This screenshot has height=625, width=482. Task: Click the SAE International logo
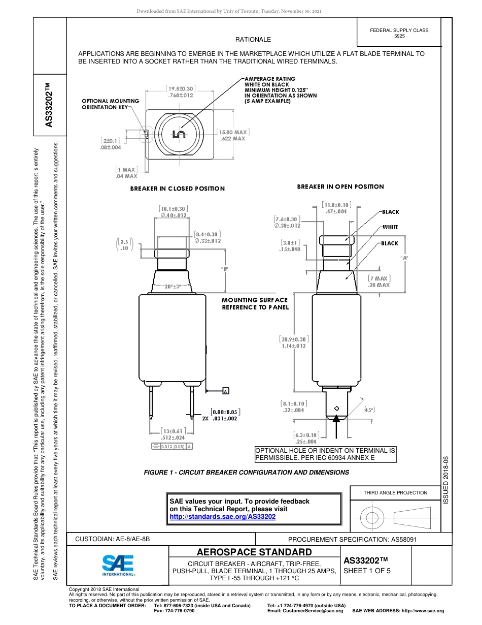[118, 565]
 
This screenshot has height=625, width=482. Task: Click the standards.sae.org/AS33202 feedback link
[222, 516]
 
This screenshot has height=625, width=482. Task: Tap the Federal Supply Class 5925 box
[399, 33]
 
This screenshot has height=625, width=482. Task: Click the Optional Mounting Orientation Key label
[110, 104]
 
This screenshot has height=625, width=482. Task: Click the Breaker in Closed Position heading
[177, 189]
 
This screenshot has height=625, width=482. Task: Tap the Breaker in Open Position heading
[340, 186]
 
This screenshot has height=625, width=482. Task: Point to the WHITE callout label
[390, 227]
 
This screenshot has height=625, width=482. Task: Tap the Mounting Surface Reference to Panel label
[255, 303]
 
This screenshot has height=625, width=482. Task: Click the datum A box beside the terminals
[225, 391]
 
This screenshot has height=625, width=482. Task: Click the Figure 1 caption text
[247, 472]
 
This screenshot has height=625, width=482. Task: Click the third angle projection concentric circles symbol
[372, 518]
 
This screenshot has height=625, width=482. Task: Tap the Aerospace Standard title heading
[254, 552]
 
